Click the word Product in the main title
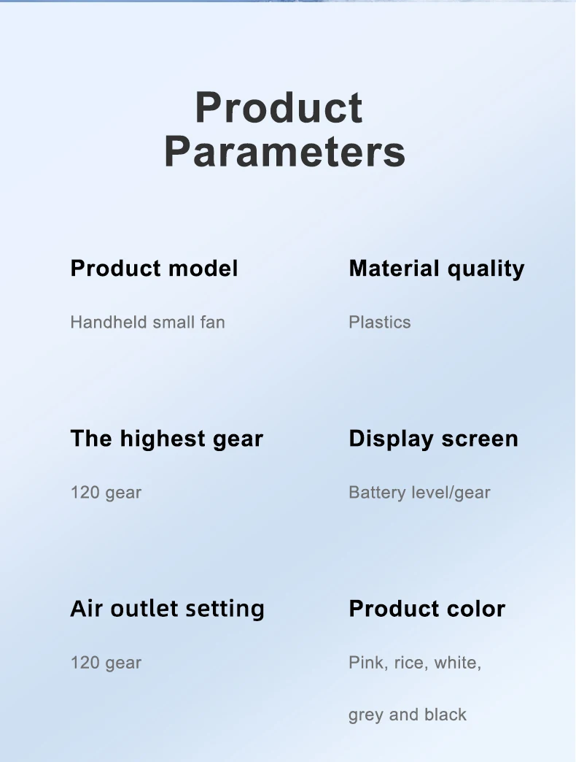tap(279, 107)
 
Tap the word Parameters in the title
tap(285, 152)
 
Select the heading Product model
tap(155, 269)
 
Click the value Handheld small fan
tap(147, 322)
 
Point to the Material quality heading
tap(437, 269)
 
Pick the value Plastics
tap(379, 322)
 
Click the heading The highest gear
tap(167, 439)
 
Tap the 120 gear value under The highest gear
tap(106, 493)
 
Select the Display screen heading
tap(433, 439)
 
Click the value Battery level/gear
tap(420, 493)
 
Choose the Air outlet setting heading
tap(168, 609)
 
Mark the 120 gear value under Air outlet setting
tap(106, 663)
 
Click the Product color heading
tap(427, 609)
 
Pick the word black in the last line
tap(445, 715)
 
